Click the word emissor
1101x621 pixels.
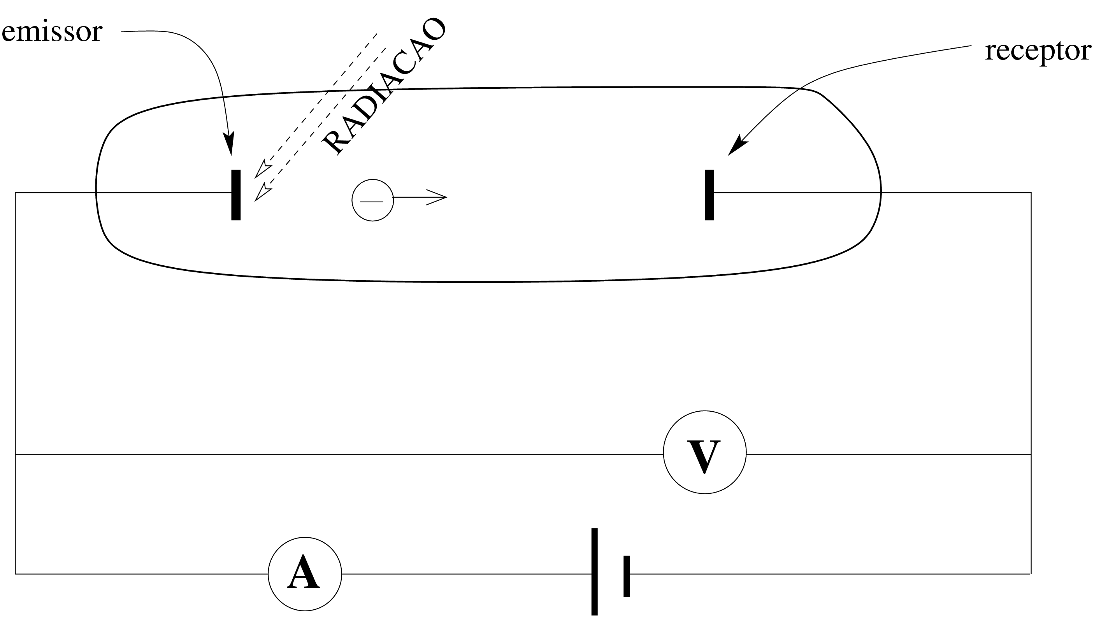point(52,32)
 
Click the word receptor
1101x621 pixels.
point(1038,51)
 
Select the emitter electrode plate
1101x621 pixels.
point(236,195)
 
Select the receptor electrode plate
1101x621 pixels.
point(709,195)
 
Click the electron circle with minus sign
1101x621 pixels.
point(372,200)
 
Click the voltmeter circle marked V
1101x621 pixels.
point(704,453)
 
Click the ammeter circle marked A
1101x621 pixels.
point(305,574)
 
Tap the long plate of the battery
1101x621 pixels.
point(594,572)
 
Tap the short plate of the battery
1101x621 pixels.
point(626,576)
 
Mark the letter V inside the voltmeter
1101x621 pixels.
point(704,456)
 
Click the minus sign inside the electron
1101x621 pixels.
point(372,201)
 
